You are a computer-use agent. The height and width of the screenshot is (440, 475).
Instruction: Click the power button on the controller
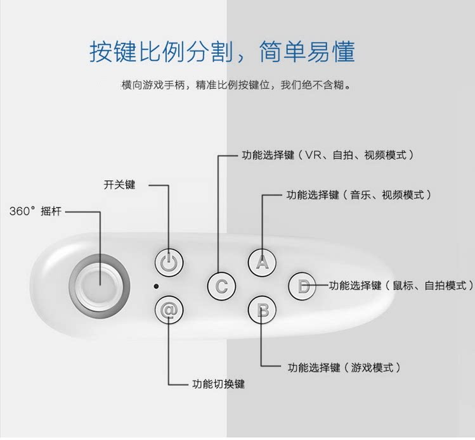169,263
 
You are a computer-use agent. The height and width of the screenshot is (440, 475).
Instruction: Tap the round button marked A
262,262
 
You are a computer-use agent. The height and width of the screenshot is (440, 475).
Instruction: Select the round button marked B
262,311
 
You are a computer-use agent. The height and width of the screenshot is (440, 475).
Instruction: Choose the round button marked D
304,286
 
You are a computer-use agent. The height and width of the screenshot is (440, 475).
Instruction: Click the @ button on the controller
169,311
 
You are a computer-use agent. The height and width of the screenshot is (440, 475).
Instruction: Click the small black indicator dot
155,286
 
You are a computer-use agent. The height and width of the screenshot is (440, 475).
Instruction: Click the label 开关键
119,185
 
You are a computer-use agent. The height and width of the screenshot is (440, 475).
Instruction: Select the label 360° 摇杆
37,210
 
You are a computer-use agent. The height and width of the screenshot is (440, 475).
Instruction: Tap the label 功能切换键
218,384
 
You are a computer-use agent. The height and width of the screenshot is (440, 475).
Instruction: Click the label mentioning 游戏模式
344,367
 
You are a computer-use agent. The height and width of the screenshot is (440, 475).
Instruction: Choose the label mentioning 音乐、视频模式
359,195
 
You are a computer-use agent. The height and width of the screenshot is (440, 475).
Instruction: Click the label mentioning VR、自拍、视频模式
328,154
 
